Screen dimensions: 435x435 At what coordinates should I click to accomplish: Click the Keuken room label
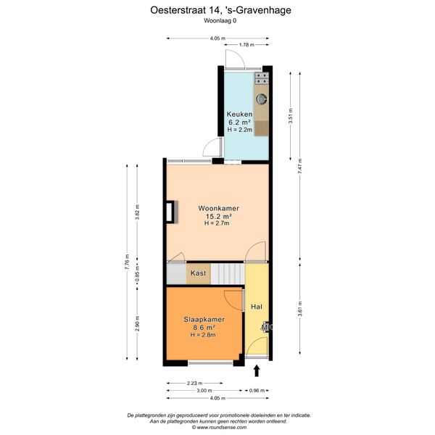click(x=239, y=114)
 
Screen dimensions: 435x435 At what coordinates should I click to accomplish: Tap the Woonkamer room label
click(x=218, y=208)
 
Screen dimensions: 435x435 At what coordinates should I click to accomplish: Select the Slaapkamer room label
click(x=204, y=319)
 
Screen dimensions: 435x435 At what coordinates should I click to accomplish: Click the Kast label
click(x=199, y=273)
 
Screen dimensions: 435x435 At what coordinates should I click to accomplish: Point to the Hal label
click(x=257, y=307)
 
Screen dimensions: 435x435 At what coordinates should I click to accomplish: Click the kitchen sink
click(x=262, y=99)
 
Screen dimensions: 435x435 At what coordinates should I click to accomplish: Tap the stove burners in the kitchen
click(x=262, y=78)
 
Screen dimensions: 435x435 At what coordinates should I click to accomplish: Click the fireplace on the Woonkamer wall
click(x=172, y=212)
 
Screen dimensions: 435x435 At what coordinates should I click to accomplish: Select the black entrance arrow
click(x=257, y=370)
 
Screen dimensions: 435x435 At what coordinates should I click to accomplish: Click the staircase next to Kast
click(x=228, y=274)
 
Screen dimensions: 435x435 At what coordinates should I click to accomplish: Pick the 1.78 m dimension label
click(x=246, y=45)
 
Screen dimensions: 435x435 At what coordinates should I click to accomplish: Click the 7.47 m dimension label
click(x=300, y=167)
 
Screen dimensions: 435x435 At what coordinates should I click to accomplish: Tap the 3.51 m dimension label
click(x=291, y=116)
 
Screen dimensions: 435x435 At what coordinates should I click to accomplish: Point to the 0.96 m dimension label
click(x=257, y=391)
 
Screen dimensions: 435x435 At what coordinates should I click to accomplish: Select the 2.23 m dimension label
click(x=195, y=384)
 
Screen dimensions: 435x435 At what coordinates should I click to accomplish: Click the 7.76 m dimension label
click(x=127, y=262)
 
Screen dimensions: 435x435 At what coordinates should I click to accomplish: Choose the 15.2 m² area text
click(x=219, y=216)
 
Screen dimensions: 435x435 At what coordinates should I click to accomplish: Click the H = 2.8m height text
click(x=203, y=335)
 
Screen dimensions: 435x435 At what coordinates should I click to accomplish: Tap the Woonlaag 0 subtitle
click(x=220, y=20)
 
